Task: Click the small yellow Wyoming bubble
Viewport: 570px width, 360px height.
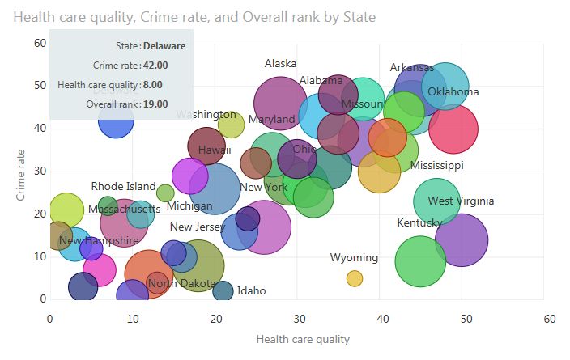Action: click(355, 278)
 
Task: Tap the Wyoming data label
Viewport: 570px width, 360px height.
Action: click(354, 258)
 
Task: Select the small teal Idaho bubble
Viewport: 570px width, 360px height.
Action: click(223, 290)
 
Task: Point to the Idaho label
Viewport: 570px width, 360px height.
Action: click(251, 291)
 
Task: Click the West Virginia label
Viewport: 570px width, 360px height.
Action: click(461, 201)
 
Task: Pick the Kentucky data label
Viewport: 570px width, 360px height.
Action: click(419, 222)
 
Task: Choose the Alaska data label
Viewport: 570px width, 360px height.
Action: click(281, 64)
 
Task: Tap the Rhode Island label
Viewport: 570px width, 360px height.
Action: click(123, 187)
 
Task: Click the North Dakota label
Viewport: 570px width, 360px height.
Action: click(182, 283)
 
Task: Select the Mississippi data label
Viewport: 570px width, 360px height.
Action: click(436, 165)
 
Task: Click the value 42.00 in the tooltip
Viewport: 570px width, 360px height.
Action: click(154, 66)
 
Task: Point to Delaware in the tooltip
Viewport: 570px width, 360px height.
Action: click(164, 46)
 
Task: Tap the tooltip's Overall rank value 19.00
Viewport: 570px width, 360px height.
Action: click(155, 104)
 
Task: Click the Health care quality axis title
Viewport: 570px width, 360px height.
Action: click(303, 339)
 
